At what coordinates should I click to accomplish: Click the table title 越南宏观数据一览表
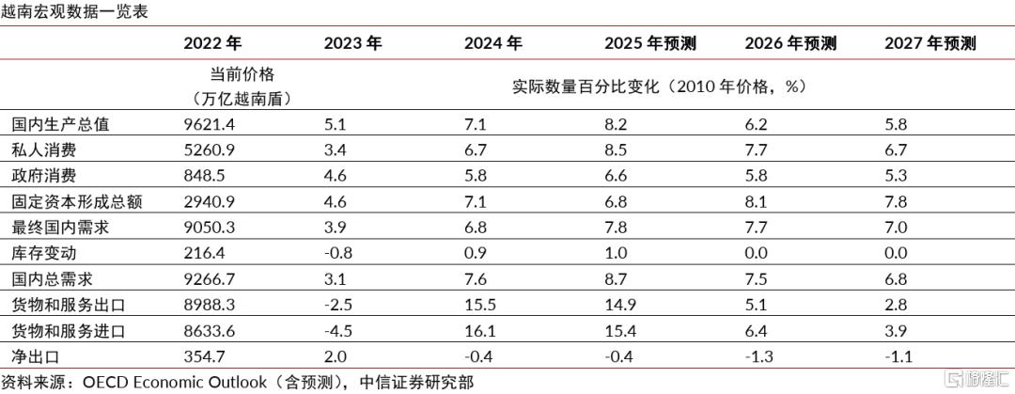coord(75,11)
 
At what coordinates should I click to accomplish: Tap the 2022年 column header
coord(212,43)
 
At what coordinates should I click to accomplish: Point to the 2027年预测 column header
coord(930,43)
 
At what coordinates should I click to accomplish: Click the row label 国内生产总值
coord(61,124)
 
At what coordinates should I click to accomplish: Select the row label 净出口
coord(37,356)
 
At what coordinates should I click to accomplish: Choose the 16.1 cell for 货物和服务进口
coord(477,331)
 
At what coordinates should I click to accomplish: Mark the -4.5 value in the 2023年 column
coord(339,331)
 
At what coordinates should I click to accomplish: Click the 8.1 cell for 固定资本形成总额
coord(755,202)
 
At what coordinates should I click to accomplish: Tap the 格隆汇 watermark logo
coord(976,378)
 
